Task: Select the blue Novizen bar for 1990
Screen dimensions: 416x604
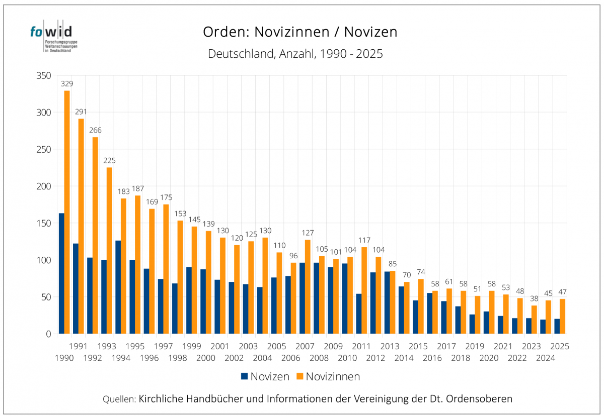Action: [61, 273]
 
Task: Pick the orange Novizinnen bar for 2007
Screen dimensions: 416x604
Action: [308, 286]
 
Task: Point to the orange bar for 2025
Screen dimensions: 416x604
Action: [562, 316]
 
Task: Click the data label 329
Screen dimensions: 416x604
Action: [67, 84]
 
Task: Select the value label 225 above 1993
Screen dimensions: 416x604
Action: [109, 161]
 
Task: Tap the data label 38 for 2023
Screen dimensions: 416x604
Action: [534, 298]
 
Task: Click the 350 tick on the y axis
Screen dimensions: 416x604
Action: [44, 75]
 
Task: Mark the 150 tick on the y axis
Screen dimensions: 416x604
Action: [44, 223]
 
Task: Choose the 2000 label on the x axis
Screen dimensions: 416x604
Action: [206, 358]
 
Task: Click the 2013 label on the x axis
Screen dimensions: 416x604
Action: [390, 346]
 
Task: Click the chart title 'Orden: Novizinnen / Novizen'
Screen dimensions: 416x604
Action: [300, 32]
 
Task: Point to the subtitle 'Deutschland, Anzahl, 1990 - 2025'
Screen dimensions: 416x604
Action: [295, 54]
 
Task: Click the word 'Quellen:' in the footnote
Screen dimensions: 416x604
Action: [119, 399]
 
